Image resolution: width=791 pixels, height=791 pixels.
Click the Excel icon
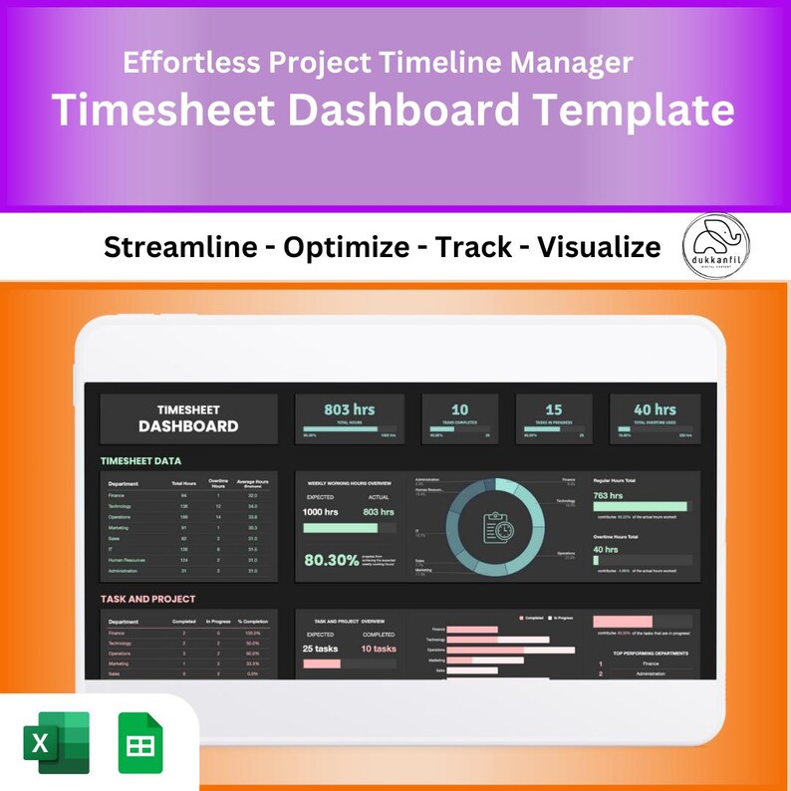(57, 742)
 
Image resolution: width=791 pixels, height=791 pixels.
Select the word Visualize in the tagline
(599, 247)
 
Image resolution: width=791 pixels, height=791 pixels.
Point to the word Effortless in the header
(190, 63)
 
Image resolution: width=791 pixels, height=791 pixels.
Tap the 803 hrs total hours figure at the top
(349, 409)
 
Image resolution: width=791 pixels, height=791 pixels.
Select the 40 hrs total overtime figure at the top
(655, 409)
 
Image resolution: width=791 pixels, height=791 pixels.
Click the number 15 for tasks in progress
(553, 409)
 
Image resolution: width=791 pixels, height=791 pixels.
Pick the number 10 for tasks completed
(459, 409)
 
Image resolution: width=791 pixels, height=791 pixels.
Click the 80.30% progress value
(331, 561)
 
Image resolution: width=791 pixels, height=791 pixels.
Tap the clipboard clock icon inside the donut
(496, 526)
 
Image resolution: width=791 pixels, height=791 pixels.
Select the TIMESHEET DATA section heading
(140, 461)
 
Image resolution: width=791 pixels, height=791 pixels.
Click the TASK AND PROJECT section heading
(147, 599)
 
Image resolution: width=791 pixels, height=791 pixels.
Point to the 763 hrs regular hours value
(608, 494)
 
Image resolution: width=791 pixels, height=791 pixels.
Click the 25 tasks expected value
(323, 649)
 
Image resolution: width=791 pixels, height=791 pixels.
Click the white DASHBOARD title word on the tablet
(188, 426)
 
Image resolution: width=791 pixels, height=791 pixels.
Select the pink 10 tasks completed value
(378, 649)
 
